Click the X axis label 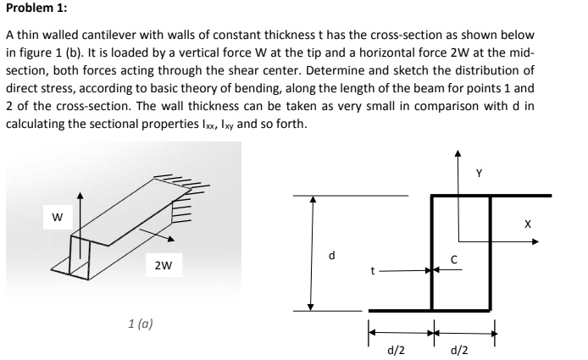coord(527,224)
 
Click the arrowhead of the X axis coord(535,241)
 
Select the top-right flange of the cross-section coord(521,196)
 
